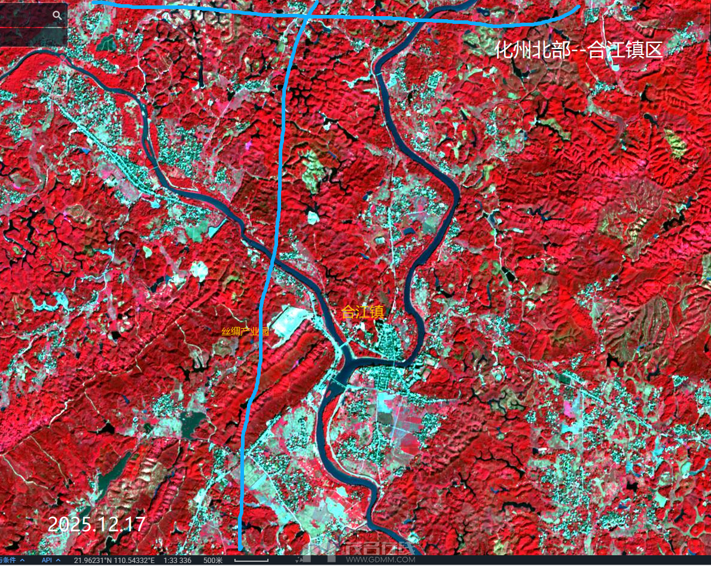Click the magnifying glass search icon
tap(57, 16)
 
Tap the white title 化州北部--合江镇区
tap(579, 50)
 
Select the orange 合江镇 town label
tap(362, 312)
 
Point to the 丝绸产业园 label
tap(245, 332)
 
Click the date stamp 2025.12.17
tap(96, 524)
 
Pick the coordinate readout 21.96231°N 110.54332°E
tap(114, 560)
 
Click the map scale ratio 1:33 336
tap(178, 560)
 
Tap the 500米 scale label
tap(213, 560)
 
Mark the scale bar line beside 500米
tap(251, 561)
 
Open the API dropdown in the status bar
tap(50, 560)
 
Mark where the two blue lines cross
tap(306, 17)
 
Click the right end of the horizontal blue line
tap(578, 8)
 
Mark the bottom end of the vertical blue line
tap(240, 547)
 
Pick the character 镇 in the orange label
tap(375, 312)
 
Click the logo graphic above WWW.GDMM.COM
tap(359, 548)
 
